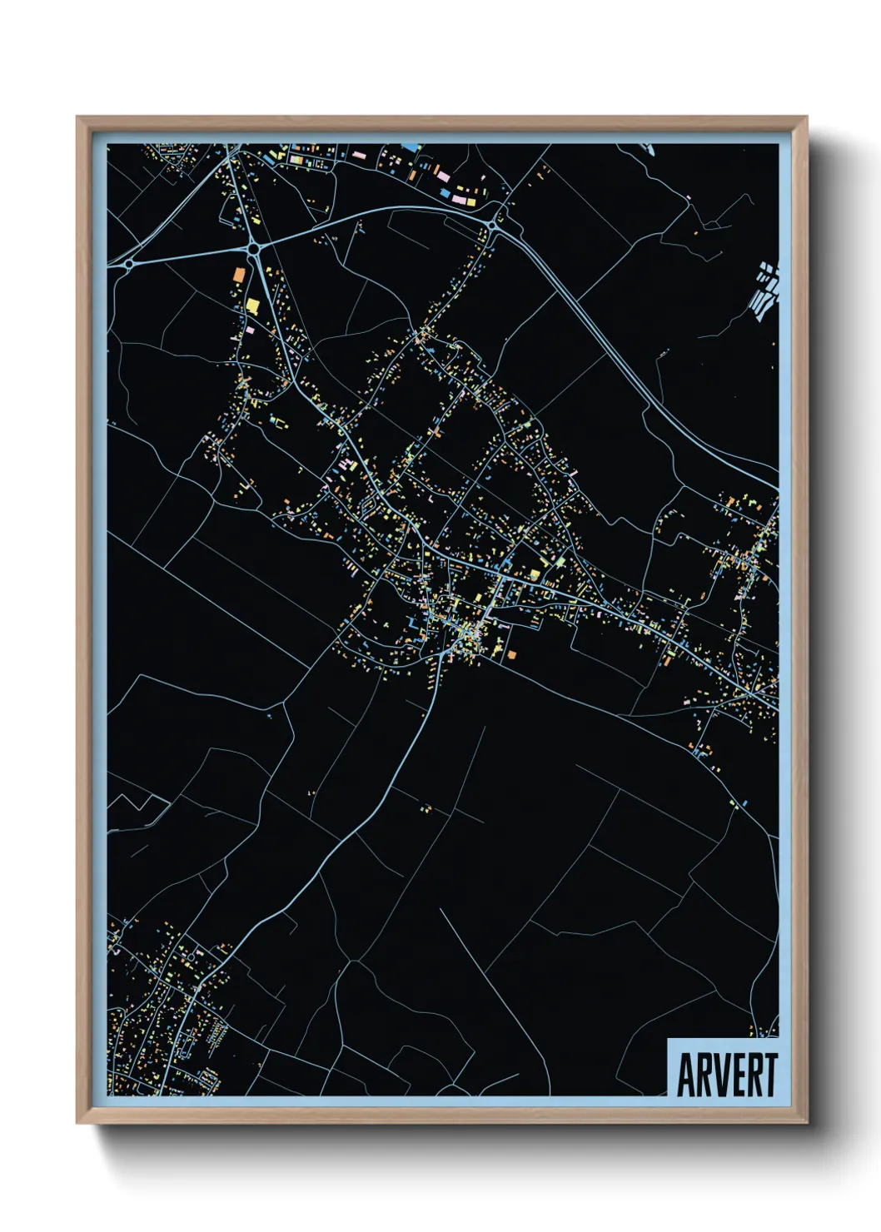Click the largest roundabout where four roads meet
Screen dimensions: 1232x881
tap(252, 247)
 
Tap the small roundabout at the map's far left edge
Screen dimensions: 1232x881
tap(129, 263)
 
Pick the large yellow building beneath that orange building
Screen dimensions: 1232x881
tap(252, 306)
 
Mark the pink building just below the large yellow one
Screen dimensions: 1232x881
tap(250, 330)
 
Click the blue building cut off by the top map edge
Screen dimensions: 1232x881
tap(411, 147)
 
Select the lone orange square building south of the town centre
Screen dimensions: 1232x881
tap(510, 655)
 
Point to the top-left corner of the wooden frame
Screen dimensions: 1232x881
tap(77, 117)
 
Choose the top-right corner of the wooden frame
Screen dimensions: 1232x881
tap(806, 117)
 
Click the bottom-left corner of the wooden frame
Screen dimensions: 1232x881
tap(77, 1123)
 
